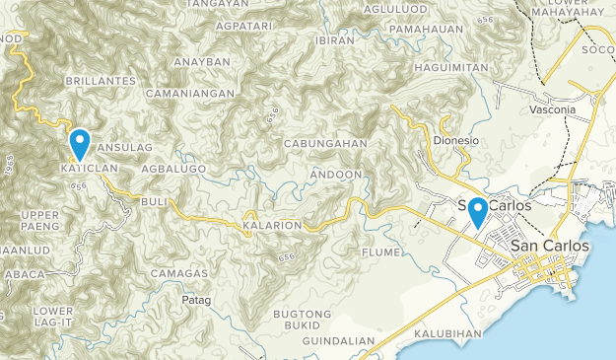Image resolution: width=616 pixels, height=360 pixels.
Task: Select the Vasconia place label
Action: coord(551,109)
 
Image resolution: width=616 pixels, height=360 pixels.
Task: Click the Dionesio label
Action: coord(455,141)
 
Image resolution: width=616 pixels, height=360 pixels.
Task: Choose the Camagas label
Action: coord(179,272)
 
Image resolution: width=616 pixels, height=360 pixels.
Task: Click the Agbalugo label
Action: coord(172,170)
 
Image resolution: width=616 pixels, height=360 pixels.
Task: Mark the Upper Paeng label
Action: coord(40,220)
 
